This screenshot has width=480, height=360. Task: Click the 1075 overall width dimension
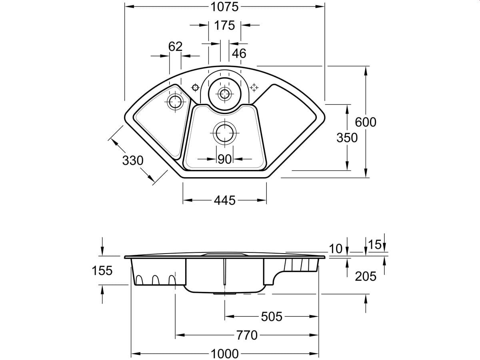tap(224, 7)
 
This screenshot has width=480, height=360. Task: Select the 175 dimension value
tap(224, 26)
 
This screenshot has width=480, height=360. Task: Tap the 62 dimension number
tap(175, 47)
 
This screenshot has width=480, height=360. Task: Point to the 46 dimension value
tap(239, 53)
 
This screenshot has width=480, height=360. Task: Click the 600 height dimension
tap(366, 122)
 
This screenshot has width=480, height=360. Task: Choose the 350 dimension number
tap(347, 138)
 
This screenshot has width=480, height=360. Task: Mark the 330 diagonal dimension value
tap(132, 160)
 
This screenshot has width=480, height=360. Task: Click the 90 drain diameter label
tap(225, 159)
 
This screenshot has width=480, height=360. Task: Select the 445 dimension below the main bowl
tap(224, 200)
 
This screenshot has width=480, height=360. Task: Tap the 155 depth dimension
tap(102, 270)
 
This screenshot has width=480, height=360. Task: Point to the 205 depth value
tap(366, 276)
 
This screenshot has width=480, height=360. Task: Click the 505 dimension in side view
tap(272, 317)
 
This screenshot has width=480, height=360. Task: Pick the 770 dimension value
tap(247, 335)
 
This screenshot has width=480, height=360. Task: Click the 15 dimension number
tap(375, 245)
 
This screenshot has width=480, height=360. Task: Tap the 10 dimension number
tap(336, 249)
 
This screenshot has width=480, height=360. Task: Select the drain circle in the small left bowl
tap(175, 101)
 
